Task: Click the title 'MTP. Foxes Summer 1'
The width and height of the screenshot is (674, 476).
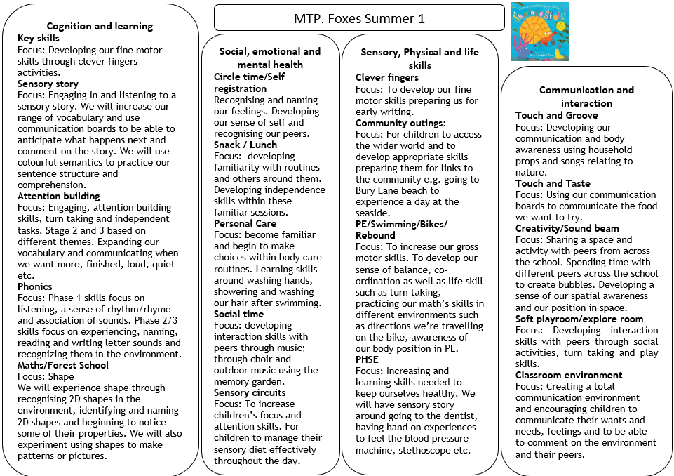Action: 359,18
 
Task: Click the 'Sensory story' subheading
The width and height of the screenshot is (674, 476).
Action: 48,84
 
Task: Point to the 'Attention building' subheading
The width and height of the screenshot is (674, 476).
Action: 59,196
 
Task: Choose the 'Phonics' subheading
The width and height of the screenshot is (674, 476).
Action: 35,286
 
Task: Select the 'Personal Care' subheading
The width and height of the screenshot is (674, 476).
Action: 245,223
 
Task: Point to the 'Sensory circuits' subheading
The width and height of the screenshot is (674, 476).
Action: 250,392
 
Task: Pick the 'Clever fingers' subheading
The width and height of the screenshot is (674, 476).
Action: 387,77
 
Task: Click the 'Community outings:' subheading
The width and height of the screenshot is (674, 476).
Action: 400,123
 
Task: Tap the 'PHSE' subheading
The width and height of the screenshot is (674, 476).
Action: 367,359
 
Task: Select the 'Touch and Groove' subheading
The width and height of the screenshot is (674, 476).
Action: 557,115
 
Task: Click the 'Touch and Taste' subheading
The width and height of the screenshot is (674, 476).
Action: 553,183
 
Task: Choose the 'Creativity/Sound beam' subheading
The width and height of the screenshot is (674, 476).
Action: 567,228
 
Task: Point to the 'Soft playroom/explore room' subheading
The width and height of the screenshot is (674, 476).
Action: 579,319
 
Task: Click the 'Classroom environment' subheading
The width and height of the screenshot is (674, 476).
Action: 569,375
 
